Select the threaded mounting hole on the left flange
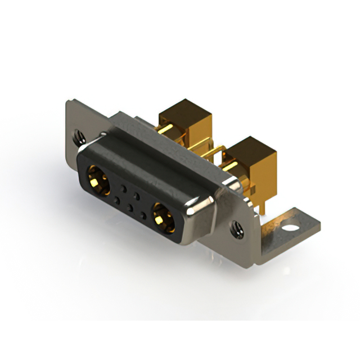click(77, 135)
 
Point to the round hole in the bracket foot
click(290, 229)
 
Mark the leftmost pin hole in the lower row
click(116, 199)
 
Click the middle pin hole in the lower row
click(130, 208)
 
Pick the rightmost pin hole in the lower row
click(144, 215)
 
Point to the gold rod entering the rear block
click(167, 133)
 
